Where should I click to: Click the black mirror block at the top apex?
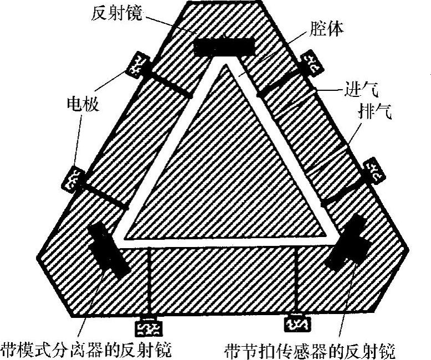[225, 47]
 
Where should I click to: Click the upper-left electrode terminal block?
[138, 65]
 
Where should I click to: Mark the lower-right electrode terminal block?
[375, 172]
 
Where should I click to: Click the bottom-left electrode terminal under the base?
[148, 328]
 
